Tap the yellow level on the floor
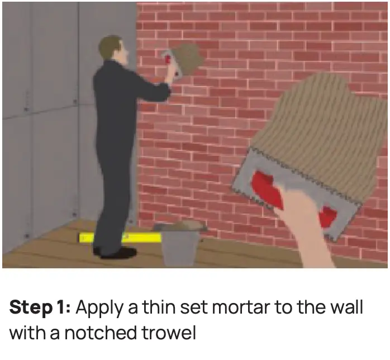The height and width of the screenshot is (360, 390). coord(120,238)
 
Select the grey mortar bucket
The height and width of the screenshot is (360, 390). coord(179,246)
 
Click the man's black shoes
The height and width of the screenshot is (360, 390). coord(115,252)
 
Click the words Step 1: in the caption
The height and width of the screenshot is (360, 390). coord(40,307)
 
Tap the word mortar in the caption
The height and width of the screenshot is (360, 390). coord(241,307)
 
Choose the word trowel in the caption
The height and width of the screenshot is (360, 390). coord(169,333)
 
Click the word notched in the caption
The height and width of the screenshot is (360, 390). coord(101,333)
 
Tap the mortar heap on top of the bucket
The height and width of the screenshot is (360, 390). coord(180,226)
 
